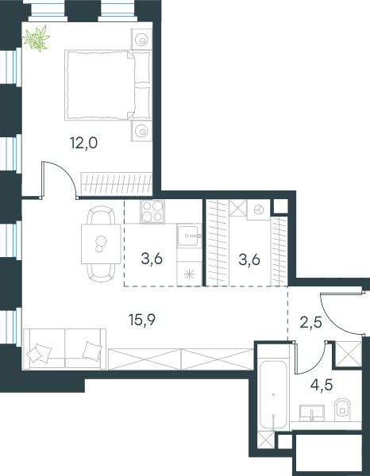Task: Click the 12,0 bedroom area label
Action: pos(83,143)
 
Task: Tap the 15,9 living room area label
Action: pos(142,320)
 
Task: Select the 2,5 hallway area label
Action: pos(310,322)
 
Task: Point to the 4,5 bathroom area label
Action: pos(322,385)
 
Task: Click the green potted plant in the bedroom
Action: pos(37,38)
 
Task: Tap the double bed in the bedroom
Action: pos(108,86)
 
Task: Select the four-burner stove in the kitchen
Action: pos(152,211)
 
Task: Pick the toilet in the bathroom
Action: pos(342,410)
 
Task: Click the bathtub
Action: pos(273,394)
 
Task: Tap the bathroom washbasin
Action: pos(312,413)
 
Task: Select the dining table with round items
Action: pos(101,244)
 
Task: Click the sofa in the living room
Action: pos(64,349)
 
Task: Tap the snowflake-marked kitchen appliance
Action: pos(189,274)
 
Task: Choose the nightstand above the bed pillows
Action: pos(141,40)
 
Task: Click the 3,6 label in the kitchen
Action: pos(152,259)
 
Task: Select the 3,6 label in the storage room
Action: pos(249,259)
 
